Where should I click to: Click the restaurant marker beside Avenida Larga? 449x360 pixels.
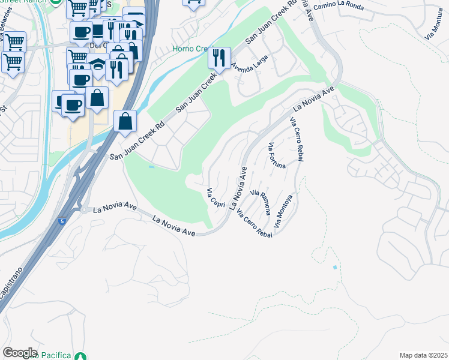[219, 58]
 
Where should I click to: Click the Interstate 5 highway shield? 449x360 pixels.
[62, 221]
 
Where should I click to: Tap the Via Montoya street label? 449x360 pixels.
[284, 211]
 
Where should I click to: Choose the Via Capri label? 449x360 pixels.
[215, 198]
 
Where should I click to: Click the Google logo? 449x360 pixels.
[20, 353]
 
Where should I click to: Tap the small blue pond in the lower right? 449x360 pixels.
[334, 266]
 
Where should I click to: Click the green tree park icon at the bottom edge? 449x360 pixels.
[83, 356]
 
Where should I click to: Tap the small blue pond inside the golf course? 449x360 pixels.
[152, 166]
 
